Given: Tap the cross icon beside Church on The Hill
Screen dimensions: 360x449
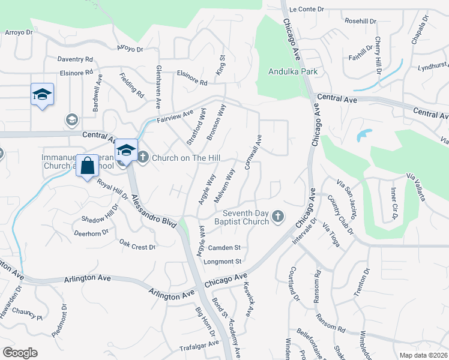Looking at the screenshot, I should coord(143,158).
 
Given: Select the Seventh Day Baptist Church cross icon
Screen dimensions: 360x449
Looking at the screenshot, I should coord(277,215).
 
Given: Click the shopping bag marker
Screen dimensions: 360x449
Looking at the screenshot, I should coord(87,166).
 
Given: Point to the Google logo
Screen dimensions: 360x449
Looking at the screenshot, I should coord(20,352).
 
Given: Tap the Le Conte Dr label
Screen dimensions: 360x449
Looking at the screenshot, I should coord(306,9).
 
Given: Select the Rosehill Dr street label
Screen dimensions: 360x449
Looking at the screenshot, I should coord(360,21).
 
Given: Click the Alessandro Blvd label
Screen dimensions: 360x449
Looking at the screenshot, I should coord(154,209).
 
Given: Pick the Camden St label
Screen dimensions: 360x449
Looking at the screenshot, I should coord(224,247).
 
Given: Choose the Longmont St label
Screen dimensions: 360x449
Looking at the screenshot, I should coord(222,261).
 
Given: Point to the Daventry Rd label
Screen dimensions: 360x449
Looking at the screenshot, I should coord(75,59).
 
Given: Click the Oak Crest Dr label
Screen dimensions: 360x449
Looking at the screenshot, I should coord(137,245).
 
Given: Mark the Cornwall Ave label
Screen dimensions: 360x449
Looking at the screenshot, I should coord(253,152).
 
